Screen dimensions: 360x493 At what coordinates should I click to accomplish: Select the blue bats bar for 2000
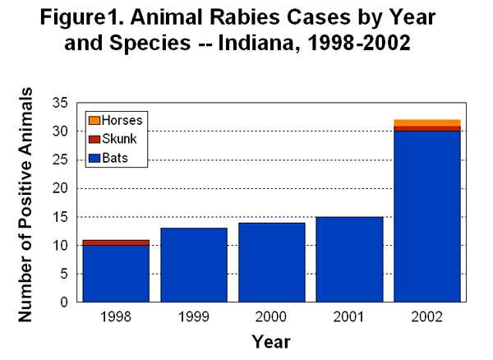click(x=271, y=262)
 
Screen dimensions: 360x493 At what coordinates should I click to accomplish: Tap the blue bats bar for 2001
click(x=349, y=260)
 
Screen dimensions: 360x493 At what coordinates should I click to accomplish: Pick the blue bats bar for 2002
click(x=427, y=216)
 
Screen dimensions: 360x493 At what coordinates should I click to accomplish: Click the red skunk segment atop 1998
click(x=115, y=242)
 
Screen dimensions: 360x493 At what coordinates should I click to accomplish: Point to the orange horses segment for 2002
click(x=427, y=122)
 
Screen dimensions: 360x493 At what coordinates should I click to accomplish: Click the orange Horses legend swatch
click(x=94, y=120)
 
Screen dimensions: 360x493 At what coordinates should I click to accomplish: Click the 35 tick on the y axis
click(x=60, y=103)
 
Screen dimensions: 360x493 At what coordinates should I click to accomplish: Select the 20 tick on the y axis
click(x=60, y=188)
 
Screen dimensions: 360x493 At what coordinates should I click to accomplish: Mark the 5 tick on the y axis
click(x=63, y=274)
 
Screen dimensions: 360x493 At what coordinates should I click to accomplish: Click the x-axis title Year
click(x=270, y=340)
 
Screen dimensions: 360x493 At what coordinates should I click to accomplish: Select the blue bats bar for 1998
click(x=115, y=274)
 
